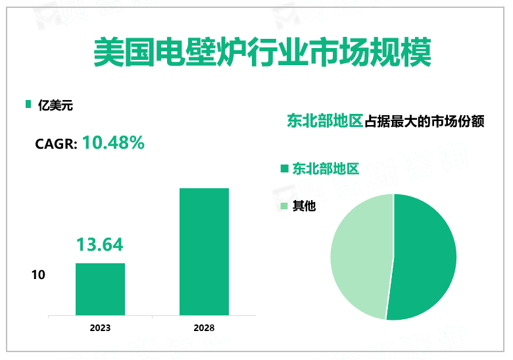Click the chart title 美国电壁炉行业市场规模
click(x=262, y=52)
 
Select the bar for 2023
click(x=100, y=289)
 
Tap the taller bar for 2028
click(x=204, y=251)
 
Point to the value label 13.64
click(x=100, y=245)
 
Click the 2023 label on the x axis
click(x=100, y=328)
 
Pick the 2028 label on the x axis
click(x=204, y=328)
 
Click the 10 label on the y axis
click(x=38, y=274)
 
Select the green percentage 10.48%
click(x=113, y=142)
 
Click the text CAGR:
click(x=57, y=143)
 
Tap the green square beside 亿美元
click(x=28, y=104)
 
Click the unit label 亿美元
click(x=55, y=104)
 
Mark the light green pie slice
click(x=358, y=253)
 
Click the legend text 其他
click(x=305, y=207)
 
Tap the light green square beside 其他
click(x=284, y=207)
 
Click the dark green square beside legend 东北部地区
click(x=284, y=169)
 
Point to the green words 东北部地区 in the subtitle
click(x=325, y=121)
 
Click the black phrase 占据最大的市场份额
click(x=424, y=121)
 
